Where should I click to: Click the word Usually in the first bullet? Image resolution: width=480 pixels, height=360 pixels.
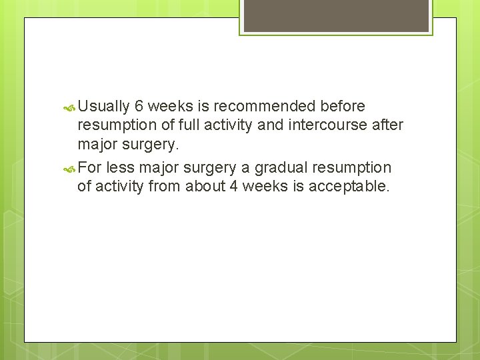point(103,106)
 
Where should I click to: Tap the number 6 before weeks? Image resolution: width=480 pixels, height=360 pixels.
point(139,106)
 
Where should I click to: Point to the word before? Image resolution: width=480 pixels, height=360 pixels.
point(343,106)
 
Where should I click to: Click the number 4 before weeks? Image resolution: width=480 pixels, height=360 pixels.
point(233,186)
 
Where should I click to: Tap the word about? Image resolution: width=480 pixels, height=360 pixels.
point(205,186)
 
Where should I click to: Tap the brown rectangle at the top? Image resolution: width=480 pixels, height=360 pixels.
point(336,15)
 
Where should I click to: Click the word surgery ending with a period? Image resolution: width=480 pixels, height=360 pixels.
point(155,145)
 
